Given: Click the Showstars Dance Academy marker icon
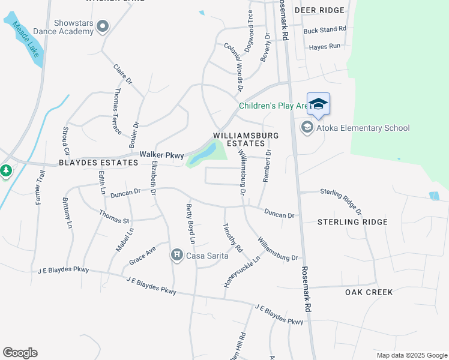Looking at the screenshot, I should click(103, 26).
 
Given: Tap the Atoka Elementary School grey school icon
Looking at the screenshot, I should click(307, 128).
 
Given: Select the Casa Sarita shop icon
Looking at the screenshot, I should click(176, 256).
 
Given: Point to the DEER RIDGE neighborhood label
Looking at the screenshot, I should click(320, 10).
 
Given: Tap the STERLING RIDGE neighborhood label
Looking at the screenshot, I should click(352, 222).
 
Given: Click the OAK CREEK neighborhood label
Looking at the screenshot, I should click(369, 292).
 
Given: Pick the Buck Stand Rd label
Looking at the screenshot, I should click(325, 29).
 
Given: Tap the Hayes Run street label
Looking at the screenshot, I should click(324, 46).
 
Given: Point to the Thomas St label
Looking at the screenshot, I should click(114, 217).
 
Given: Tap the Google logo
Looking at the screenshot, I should click(20, 353).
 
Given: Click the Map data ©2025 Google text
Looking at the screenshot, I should click(411, 355).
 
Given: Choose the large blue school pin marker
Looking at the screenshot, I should click(319, 104).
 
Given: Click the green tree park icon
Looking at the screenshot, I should click(6, 171).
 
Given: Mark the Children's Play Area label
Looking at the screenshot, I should click(274, 106).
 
